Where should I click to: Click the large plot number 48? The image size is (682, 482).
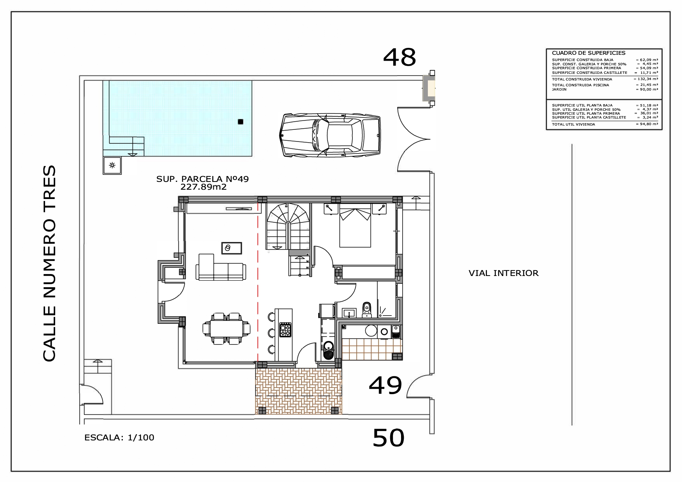click(x=399, y=58)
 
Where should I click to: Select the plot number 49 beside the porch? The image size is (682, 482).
click(x=385, y=386)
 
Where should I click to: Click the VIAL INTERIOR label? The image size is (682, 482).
click(x=503, y=273)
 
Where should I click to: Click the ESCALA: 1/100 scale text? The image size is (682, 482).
click(x=119, y=438)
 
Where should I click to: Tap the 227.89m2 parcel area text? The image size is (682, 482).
click(x=203, y=187)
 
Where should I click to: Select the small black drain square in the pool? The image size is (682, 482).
click(x=240, y=122)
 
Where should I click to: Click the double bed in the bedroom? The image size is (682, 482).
click(x=355, y=227)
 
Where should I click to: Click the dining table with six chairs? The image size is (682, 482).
click(x=226, y=329)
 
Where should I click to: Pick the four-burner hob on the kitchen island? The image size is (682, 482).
click(x=286, y=330)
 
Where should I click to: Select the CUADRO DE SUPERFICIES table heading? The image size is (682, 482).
click(x=588, y=53)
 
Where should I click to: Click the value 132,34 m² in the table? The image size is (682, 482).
click(x=647, y=79)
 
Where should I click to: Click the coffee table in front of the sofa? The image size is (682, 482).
click(x=232, y=248)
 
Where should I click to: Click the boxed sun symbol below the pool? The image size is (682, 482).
click(x=112, y=166)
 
